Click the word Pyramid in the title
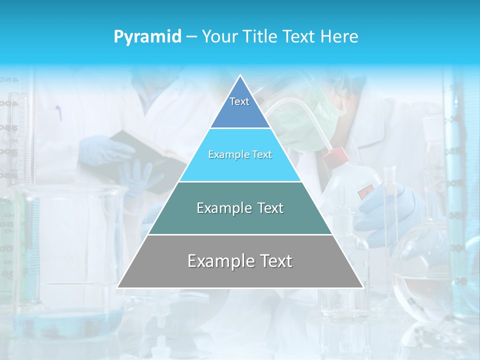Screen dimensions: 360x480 tap(147, 36)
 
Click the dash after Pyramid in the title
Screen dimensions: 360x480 tap(191, 37)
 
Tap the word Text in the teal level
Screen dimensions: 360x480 tap(270, 208)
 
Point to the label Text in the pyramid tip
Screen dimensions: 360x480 tap(239, 101)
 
